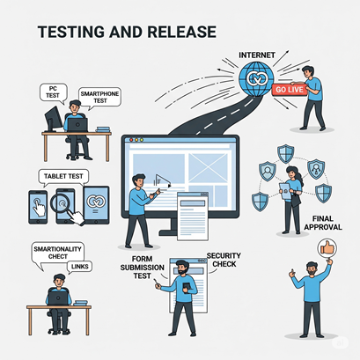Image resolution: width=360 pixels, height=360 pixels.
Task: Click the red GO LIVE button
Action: point(290,89)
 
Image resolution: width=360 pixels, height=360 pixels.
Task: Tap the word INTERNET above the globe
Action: point(257,55)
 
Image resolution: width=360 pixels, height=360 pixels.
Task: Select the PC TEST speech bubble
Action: point(53,93)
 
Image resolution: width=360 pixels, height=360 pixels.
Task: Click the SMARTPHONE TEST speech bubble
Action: point(99,98)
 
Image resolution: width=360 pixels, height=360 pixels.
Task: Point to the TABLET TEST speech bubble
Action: point(63,177)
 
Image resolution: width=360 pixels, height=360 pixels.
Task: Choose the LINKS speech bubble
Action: point(79,267)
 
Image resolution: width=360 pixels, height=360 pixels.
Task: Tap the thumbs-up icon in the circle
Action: point(327,249)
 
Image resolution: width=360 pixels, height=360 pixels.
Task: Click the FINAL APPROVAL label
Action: point(323,223)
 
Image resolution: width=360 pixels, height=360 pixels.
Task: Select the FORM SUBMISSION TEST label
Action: point(143,268)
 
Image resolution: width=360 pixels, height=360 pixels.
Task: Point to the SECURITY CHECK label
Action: point(224,260)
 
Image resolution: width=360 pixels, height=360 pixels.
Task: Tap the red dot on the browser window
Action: point(131,140)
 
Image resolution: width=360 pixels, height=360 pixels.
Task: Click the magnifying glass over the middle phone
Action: point(61,203)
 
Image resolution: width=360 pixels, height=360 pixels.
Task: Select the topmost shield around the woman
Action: point(285,153)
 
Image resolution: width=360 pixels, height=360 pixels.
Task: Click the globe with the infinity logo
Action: point(256,78)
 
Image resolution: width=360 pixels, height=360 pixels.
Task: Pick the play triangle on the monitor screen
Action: point(163,181)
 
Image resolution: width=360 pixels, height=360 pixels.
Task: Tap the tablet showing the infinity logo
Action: point(96,205)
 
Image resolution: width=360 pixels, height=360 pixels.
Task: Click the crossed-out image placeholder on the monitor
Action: point(208,167)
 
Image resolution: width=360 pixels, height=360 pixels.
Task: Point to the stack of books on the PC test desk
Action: point(103,129)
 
